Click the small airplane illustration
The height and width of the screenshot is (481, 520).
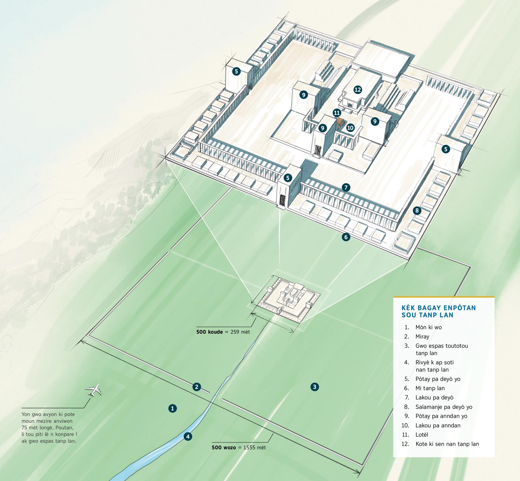pyautogui.click(x=94, y=390)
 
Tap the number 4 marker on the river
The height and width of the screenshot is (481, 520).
pyautogui.click(x=188, y=437)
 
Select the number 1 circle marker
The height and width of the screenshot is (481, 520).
pyautogui.click(x=172, y=408)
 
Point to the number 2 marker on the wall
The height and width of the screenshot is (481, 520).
pyautogui.click(x=197, y=387)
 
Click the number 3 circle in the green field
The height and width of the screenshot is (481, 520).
pyautogui.click(x=315, y=387)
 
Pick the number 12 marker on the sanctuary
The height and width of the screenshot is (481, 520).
pyautogui.click(x=358, y=90)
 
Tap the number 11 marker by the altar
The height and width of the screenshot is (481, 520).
pyautogui.click(x=337, y=112)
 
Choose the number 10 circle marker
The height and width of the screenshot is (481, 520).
pyautogui.click(x=350, y=128)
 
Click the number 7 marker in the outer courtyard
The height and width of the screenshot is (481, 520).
pyautogui.click(x=346, y=187)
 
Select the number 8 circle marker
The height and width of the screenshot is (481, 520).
pyautogui.click(x=417, y=211)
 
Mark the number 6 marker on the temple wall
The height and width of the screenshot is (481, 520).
pyautogui.click(x=346, y=237)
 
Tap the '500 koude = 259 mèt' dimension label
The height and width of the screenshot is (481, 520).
pyautogui.click(x=223, y=332)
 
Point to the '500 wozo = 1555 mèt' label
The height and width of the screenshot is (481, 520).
pyautogui.click(x=239, y=448)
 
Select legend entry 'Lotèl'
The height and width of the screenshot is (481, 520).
pyautogui.click(x=422, y=435)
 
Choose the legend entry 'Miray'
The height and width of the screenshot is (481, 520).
pyautogui.click(x=422, y=337)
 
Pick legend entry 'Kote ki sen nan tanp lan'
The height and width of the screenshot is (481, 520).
pyautogui.click(x=447, y=444)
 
